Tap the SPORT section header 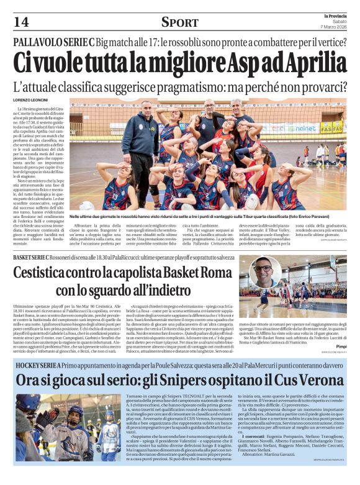click(179, 23)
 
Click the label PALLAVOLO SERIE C click(53, 44)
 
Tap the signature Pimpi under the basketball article click(340, 346)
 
